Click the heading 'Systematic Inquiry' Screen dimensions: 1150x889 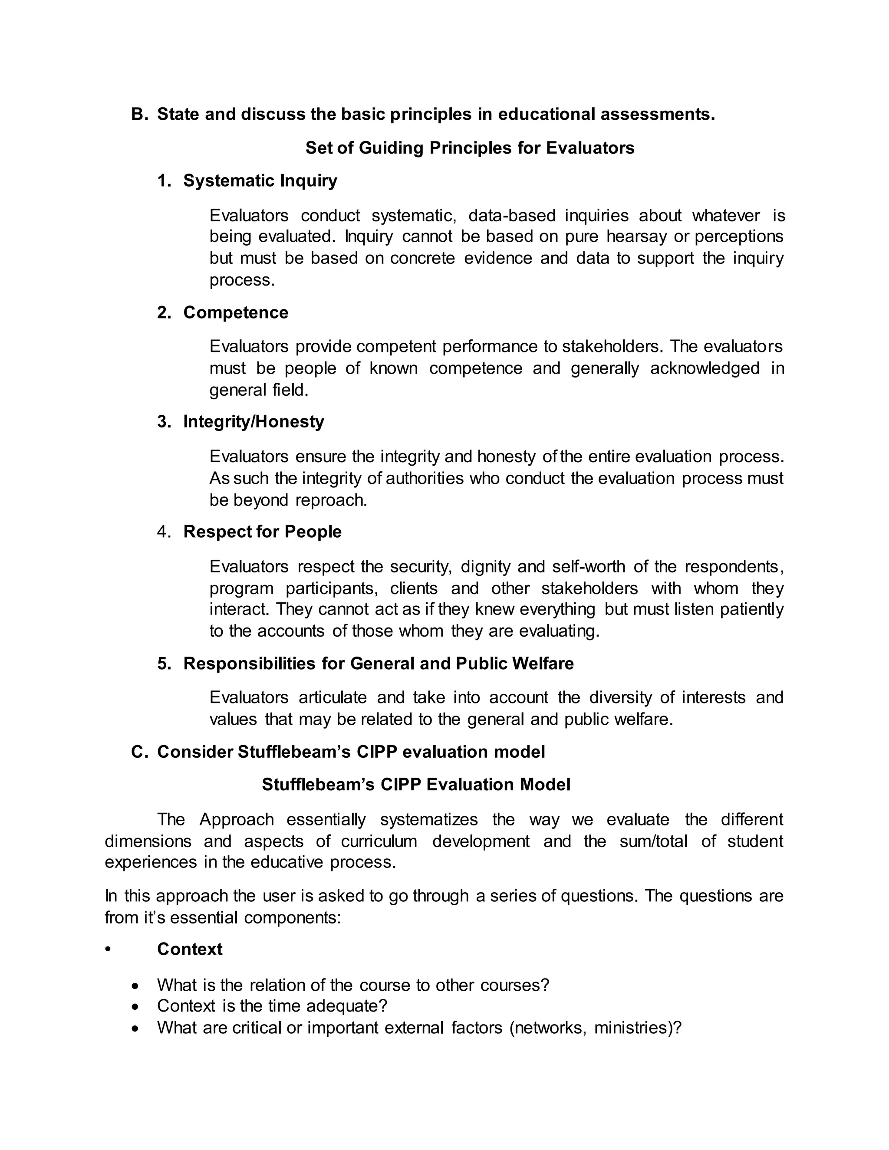point(260,181)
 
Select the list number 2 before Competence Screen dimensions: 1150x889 point(164,313)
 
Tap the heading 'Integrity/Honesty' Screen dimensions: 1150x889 point(254,422)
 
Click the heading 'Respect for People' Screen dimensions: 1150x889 point(262,532)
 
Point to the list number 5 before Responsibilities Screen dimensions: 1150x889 point(164,664)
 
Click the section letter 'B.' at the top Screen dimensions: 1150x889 point(140,114)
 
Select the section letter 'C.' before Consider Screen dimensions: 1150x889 point(140,752)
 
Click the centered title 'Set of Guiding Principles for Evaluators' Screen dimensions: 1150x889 point(470,148)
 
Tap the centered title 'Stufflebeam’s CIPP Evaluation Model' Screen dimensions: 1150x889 point(416,785)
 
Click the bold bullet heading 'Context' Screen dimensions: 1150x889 point(190,950)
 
